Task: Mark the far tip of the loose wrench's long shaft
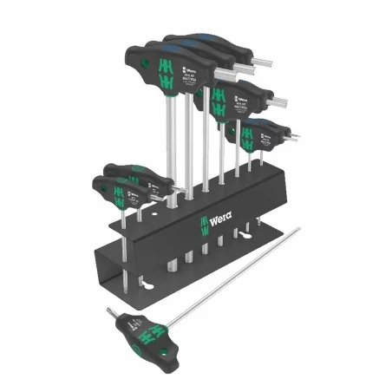pos(297,230)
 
